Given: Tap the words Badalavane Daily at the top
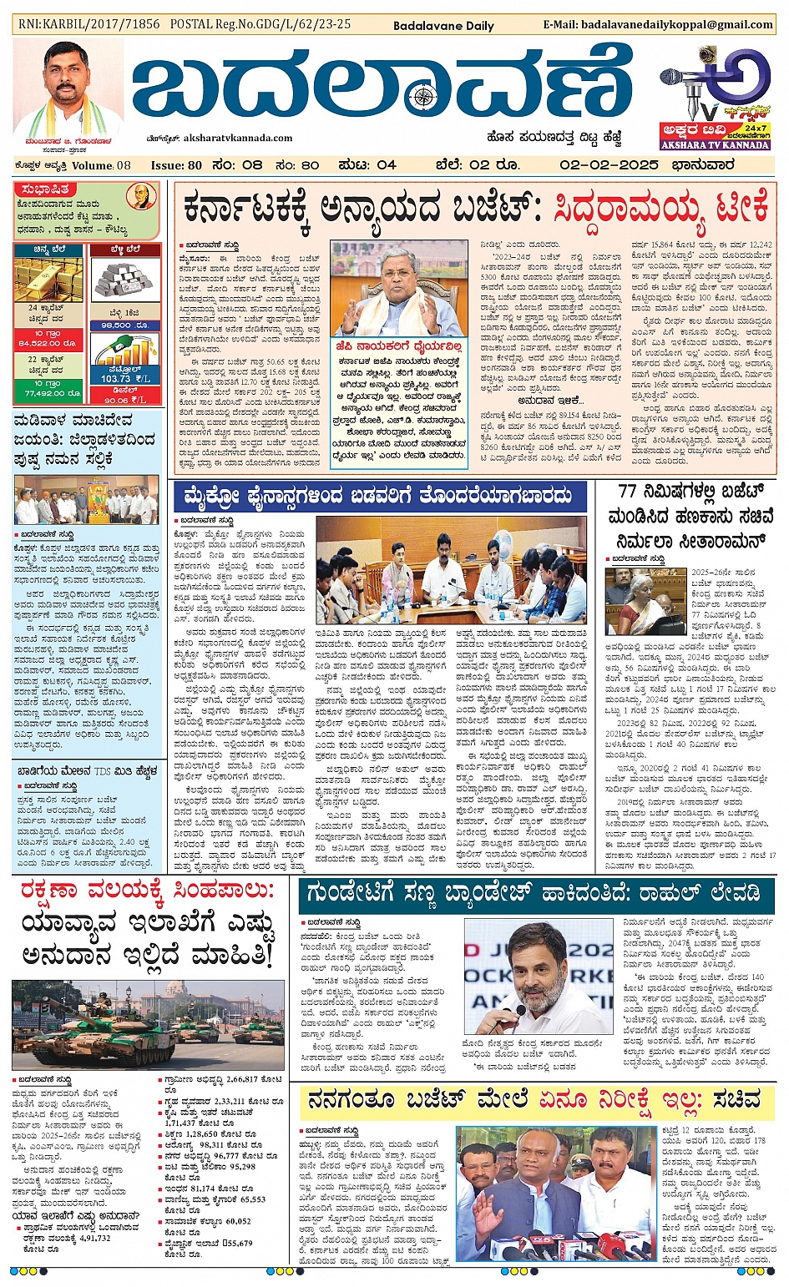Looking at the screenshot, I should click(x=443, y=26).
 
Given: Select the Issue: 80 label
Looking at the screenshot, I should click(x=176, y=165).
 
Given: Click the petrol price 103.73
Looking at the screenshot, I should click(x=115, y=378).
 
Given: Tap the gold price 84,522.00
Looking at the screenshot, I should click(x=47, y=342).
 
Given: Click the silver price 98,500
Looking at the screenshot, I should click(x=124, y=325).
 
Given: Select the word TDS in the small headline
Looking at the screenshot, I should click(x=103, y=771).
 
